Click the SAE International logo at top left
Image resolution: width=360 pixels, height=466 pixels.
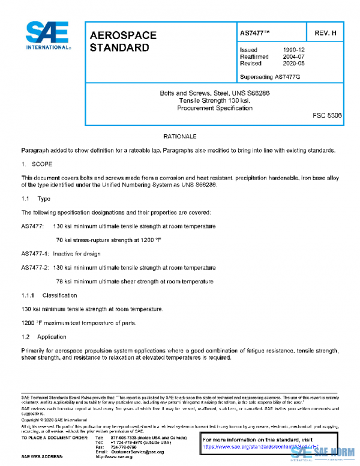(x=47, y=36)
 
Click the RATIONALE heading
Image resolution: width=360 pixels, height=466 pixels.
(x=179, y=137)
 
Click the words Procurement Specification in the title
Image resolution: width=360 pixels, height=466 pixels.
(x=213, y=107)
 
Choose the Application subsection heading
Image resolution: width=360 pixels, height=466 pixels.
(x=52, y=337)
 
